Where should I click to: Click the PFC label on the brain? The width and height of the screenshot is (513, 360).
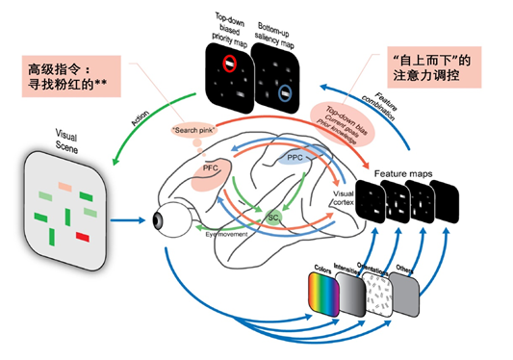[x=211, y=169]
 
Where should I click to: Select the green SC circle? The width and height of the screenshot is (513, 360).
[x=273, y=217]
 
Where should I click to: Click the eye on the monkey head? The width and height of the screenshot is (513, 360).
[x=159, y=219]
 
